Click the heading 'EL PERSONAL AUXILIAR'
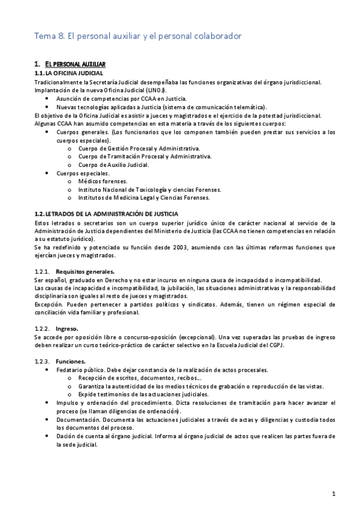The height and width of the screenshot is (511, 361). [75, 64]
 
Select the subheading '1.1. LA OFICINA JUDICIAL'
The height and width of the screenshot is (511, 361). [69, 73]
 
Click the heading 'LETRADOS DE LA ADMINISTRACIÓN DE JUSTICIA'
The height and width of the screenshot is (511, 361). [121, 214]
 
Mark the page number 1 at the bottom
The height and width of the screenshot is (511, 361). [334, 494]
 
